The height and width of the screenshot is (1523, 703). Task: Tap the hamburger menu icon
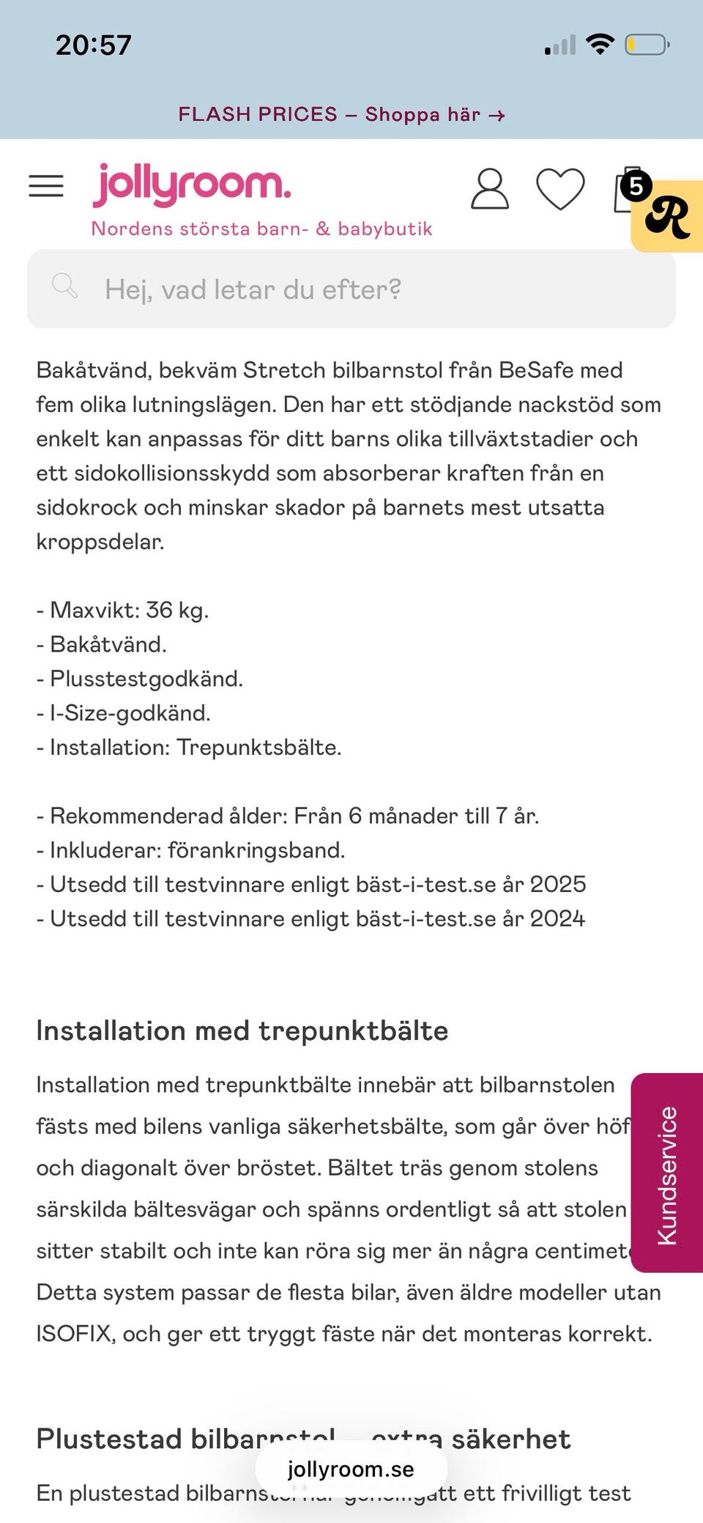[46, 186]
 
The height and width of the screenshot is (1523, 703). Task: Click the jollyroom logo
[192, 185]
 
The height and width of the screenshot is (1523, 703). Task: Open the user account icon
[489, 189]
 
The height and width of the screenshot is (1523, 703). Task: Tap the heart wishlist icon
[560, 189]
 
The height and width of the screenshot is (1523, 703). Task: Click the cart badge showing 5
[636, 186]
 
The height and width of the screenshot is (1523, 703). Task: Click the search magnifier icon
[64, 286]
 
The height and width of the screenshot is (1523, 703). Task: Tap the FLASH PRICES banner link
[342, 114]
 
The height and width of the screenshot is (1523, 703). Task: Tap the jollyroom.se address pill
[351, 1469]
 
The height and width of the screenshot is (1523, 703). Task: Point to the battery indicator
[647, 45]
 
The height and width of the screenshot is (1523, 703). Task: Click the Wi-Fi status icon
[600, 45]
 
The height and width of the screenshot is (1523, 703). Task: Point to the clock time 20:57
[94, 45]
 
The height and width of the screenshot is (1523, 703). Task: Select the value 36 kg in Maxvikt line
[176, 610]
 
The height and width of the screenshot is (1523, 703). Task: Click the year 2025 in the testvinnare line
[558, 884]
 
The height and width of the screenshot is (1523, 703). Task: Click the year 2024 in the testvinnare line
[558, 918]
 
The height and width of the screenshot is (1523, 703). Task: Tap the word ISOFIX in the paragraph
[75, 1334]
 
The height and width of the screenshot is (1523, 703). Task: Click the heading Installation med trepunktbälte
[242, 1031]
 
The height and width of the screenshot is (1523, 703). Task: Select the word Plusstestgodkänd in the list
[146, 679]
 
